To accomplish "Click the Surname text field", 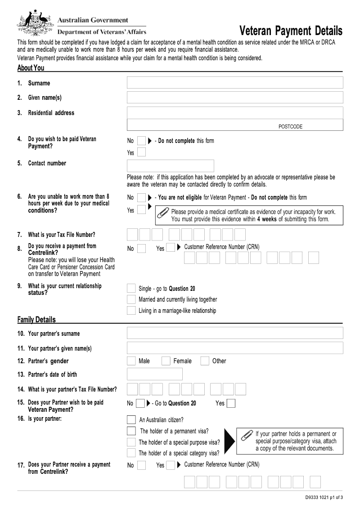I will pos(235,83).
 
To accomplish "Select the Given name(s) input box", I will pos(235,98).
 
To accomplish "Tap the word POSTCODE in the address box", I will pos(290,127).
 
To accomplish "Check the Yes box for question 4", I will pos(141,152).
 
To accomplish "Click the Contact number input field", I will pos(171,165).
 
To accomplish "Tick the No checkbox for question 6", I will pos(141,197).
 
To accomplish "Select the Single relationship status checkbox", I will pos(131,288).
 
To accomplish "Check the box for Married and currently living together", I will pos(131,299).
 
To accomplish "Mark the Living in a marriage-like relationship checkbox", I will pos(131,311).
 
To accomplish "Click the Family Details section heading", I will pos(36,320).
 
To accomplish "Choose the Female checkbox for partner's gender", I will pos(166,361).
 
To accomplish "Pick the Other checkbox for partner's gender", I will pos(205,361).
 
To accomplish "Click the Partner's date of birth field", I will pos(155,374).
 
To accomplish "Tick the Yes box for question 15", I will pos(231,403).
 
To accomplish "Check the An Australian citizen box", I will pos(131,420).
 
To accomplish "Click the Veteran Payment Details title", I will pos(291,31).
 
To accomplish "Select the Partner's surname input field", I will pos(235,333).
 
